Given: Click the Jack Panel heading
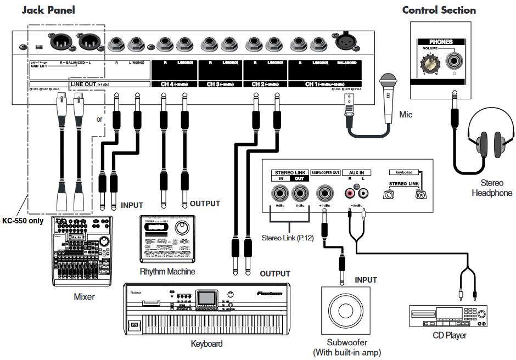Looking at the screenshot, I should point(48,10).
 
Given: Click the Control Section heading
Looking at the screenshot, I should point(439,10).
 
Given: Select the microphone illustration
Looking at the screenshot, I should point(389,97).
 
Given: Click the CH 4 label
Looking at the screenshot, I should point(174,85).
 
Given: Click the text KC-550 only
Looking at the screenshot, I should point(25,221).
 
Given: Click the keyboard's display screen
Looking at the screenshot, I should point(206,298).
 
